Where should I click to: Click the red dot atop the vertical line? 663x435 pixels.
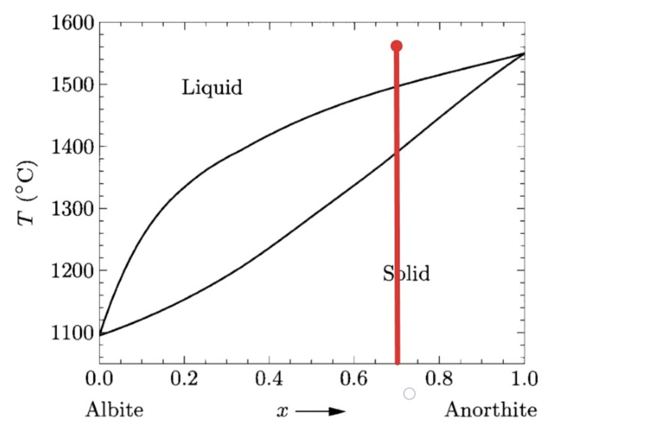pos(396,46)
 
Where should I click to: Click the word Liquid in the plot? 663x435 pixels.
pos(212,88)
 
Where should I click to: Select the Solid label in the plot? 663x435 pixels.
pos(406,273)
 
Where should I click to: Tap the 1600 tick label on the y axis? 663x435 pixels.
pos(73,23)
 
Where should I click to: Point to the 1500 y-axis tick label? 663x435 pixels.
pos(73,85)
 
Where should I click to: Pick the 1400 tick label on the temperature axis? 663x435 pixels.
pos(73,147)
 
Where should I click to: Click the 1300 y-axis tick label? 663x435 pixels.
pos(73,209)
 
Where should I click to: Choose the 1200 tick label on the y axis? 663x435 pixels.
pos(73,271)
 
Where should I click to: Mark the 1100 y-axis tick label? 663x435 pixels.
pos(73,333)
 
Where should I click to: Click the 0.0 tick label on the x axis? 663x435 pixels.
pos(99,379)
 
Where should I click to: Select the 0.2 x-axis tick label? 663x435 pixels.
pos(184,379)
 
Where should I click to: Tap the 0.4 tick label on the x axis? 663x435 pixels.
pos(269,379)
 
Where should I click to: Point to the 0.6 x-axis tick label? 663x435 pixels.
pos(354,379)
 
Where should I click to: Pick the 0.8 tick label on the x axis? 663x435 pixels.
pos(439,379)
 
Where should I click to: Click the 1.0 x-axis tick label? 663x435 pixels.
pos(524,379)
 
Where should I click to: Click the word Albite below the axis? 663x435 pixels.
pos(114,410)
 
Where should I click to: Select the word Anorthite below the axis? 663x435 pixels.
pos(491,410)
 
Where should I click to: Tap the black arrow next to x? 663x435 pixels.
pos(321,411)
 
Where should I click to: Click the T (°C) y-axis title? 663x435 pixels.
pos(27,193)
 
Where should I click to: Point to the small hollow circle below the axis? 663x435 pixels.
pos(409,394)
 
